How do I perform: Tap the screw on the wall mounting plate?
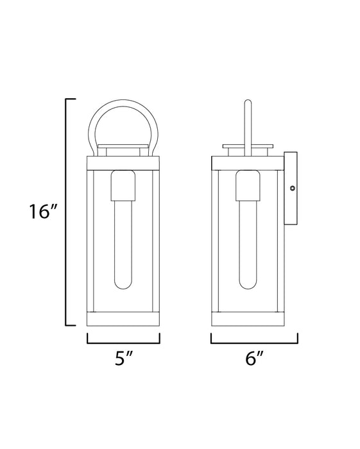point(292,188)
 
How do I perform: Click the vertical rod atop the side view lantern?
point(247,122)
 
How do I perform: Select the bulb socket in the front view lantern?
point(123,187)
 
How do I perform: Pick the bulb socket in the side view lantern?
point(247,187)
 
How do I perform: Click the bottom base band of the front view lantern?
point(123,319)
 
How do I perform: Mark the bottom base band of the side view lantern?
point(247,319)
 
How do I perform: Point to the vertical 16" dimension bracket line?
point(67,212)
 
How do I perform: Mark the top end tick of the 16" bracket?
point(71,99)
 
